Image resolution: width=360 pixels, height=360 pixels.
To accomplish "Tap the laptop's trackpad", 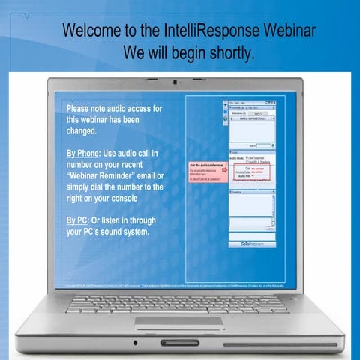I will tap(178, 322).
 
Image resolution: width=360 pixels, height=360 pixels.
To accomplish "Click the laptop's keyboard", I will tap(178, 303).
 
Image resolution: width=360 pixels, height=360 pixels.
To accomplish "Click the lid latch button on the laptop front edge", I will tap(179, 343).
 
